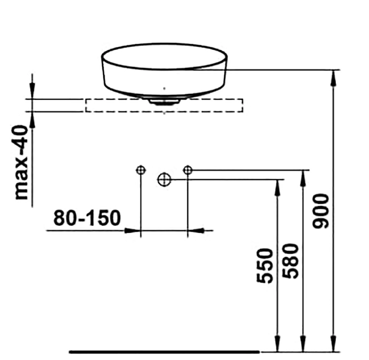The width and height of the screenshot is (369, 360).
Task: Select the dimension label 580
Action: [291, 261]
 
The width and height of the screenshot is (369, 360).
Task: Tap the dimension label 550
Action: [265, 265]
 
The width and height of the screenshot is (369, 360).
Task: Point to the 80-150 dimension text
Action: [87, 218]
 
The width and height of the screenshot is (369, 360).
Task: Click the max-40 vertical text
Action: [22, 163]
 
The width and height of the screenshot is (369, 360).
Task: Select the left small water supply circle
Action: [141, 170]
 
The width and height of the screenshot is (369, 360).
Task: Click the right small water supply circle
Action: [187, 170]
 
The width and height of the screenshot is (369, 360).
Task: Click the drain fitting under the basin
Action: [164, 102]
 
